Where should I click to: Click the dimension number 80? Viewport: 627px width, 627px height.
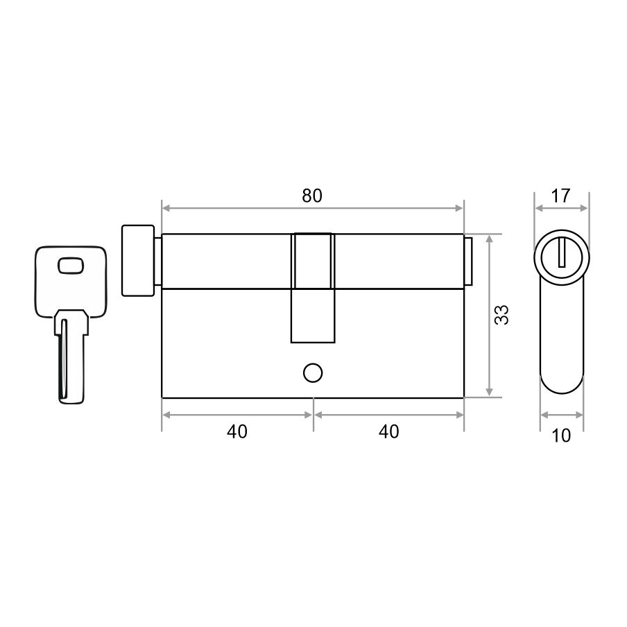pos(312,196)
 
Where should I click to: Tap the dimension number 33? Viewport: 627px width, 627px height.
pos(501,314)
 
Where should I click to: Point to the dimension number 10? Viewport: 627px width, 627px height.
pos(561,436)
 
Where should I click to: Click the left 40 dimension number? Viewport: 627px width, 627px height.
pos(237,432)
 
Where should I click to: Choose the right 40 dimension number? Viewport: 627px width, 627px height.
pos(388,432)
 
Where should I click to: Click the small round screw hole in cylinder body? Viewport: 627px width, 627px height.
pos(313,372)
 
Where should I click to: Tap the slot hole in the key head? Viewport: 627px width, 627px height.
pos(71,266)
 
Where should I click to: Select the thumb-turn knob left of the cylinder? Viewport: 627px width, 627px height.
pos(138,261)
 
